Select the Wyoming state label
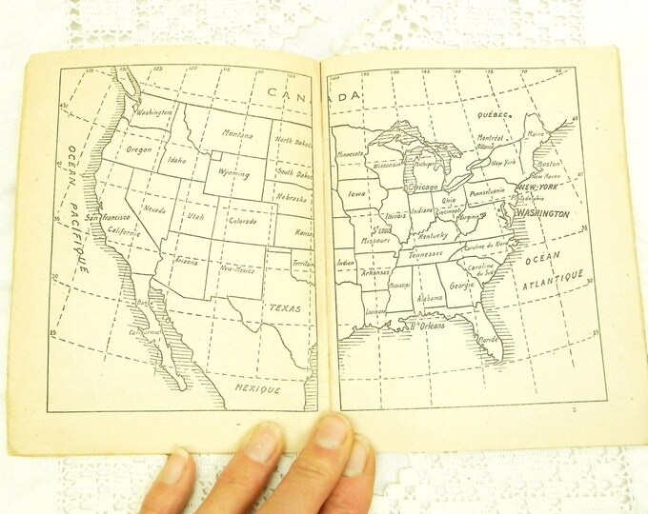point(232,174)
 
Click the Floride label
point(487,339)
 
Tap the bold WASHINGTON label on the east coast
point(543,214)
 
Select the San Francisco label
point(111,218)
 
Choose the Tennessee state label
point(426,253)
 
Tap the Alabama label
point(431,297)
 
